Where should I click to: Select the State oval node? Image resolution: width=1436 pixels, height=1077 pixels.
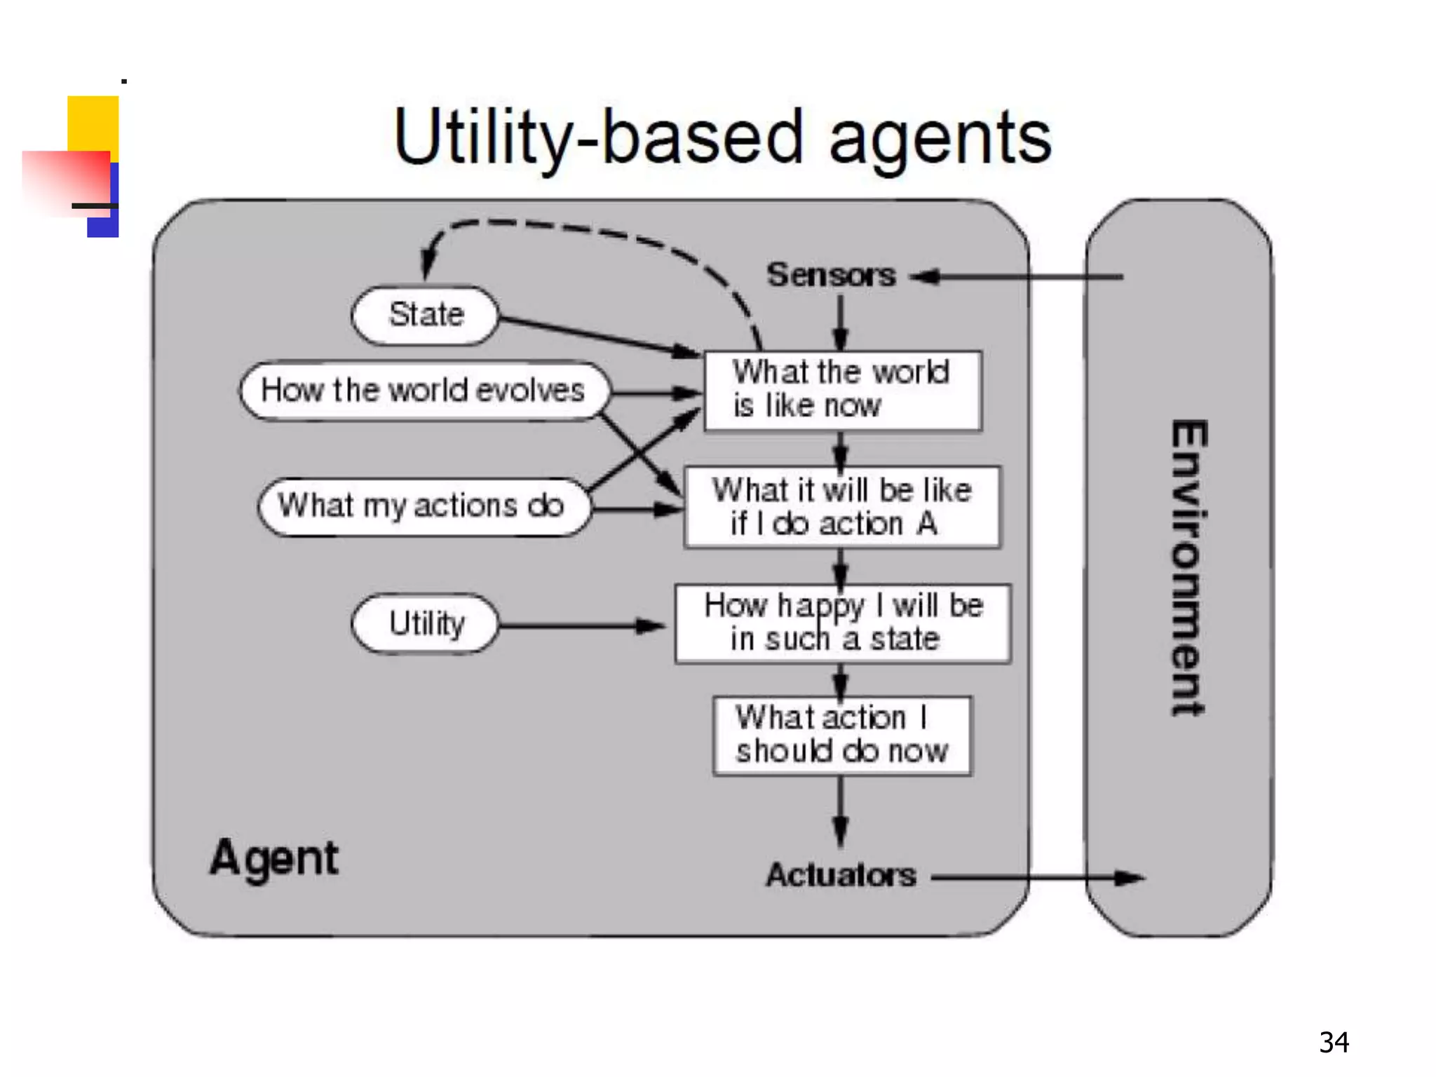425,315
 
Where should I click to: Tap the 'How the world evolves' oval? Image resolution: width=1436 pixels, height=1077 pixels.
424,391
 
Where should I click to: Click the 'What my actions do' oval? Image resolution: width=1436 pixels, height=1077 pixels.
424,506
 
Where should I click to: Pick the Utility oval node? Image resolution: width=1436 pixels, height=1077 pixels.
425,623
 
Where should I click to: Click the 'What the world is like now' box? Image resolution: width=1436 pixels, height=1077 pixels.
842,391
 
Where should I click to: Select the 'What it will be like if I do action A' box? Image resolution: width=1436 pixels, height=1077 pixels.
842,507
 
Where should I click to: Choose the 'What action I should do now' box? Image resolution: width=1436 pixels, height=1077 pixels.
842,736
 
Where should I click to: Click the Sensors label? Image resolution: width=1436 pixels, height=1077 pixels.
831,275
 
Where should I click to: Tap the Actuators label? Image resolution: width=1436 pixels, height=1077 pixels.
841,875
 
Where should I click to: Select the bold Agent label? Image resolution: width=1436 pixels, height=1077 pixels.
274,858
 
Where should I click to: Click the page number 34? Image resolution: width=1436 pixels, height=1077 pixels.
1333,1043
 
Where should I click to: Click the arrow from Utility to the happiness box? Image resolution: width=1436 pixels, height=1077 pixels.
582,625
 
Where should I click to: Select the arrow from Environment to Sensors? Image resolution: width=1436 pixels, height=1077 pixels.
1017,277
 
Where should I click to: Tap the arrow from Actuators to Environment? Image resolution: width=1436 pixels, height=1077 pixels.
1038,877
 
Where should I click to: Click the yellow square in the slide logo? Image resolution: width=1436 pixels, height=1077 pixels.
93,123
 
